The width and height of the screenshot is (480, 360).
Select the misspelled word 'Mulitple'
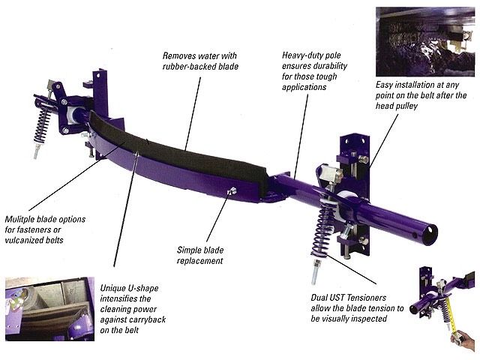coord(19,220)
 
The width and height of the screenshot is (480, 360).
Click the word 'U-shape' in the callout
coord(144,288)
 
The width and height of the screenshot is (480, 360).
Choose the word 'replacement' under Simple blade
coord(200,261)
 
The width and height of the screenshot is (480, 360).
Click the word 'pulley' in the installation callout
coord(406,106)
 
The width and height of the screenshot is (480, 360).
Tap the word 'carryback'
coord(149,319)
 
